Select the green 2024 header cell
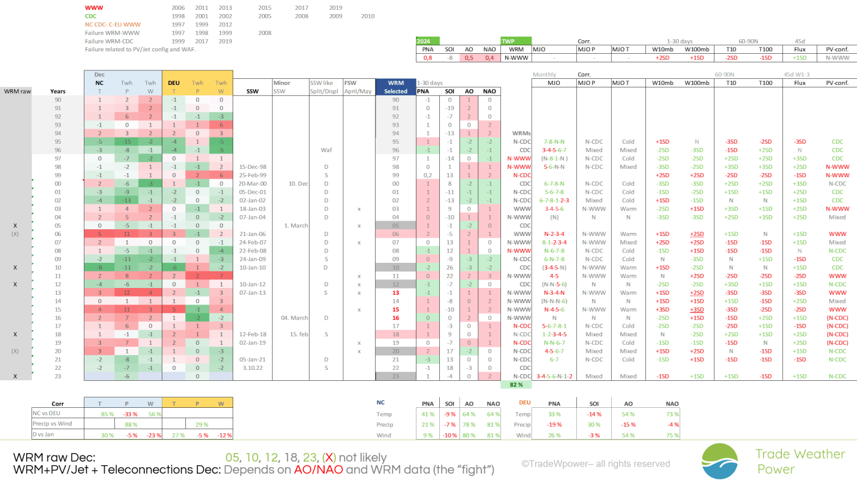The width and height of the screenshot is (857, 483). pos(427,41)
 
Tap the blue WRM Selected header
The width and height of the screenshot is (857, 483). pos(395,87)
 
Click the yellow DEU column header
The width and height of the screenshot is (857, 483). pos(174,83)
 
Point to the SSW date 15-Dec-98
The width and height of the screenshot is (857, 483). pos(252,166)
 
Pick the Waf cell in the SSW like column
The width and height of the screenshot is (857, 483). pos(326,150)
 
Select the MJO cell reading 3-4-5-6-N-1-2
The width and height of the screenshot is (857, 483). pos(554,377)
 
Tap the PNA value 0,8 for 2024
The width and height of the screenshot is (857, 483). pos(428,57)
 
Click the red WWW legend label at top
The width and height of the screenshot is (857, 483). pos(94,7)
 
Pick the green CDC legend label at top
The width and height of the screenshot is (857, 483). pos(91,16)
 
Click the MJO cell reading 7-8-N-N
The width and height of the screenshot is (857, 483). pos(554,142)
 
